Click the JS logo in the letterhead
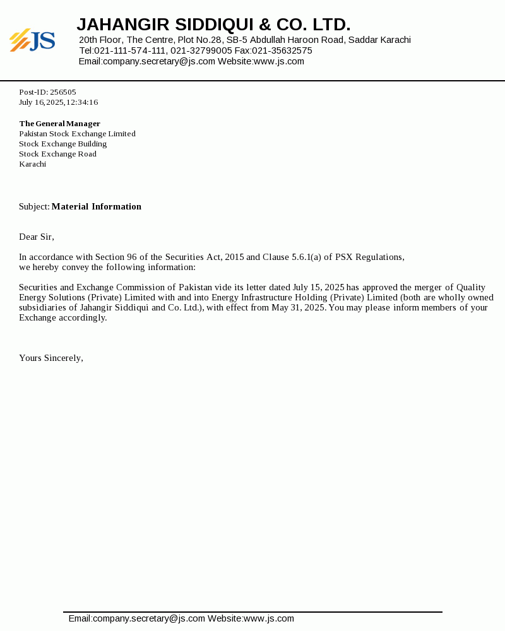[32, 40]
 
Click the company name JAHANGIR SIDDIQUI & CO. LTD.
[213, 25]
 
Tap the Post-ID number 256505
[63, 92]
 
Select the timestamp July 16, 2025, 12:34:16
[58, 102]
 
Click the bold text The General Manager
[59, 124]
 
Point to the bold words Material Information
[97, 206]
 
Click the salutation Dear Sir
[36, 237]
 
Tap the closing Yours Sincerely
[50, 358]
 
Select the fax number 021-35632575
[282, 50]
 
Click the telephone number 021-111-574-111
[130, 50]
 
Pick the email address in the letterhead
[159, 61]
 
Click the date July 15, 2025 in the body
[318, 287]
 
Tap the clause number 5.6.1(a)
[306, 257]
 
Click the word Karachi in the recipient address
[32, 164]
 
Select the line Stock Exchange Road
[57, 154]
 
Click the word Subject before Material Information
[33, 206]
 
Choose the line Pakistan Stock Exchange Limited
[77, 134]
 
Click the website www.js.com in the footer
[269, 618]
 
